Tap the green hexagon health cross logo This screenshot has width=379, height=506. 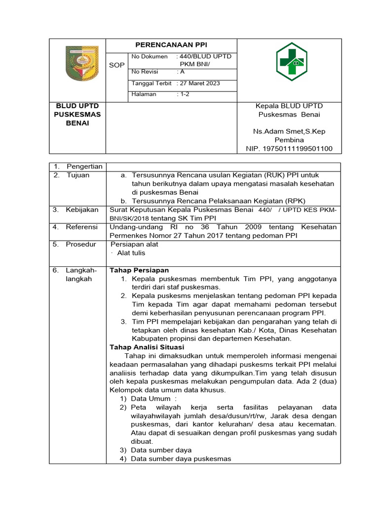point(291,63)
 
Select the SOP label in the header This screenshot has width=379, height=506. point(117,65)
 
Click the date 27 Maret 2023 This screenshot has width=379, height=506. point(200,83)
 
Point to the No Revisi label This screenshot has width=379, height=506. point(145,72)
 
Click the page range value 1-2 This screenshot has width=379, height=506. point(185,94)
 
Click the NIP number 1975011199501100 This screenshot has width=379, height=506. point(289,148)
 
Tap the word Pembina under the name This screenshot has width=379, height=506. point(289,140)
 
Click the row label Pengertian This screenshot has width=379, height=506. point(84,167)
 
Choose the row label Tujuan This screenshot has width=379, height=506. point(78,175)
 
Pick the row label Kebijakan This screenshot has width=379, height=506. point(82,210)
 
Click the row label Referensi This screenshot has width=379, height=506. point(82,227)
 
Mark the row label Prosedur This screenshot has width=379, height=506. point(81,244)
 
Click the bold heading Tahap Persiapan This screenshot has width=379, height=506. point(139,270)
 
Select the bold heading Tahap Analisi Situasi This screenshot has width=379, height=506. point(148,347)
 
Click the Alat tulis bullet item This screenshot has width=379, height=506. point(131,253)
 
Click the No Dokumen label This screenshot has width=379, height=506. point(150,56)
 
